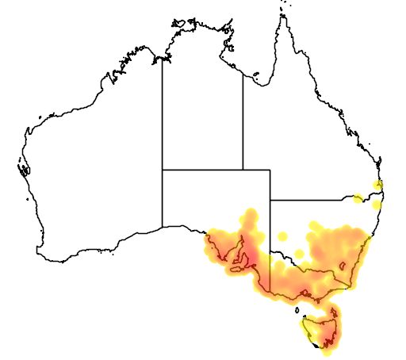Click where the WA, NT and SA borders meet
coord(163,169)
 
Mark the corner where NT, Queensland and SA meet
coord(243,169)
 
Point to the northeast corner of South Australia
coord(270,169)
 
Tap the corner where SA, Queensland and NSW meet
coord(270,199)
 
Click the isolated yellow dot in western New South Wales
coord(283,236)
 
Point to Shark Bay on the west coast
coord(23,168)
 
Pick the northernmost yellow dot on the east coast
coord(378,186)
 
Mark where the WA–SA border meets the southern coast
coord(163,227)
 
